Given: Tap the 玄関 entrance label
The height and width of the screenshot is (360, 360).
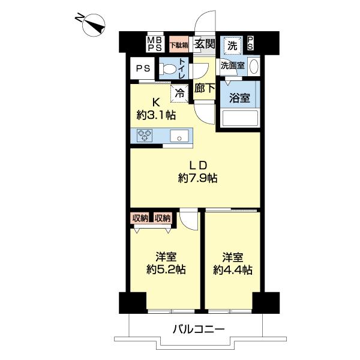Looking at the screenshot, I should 205,44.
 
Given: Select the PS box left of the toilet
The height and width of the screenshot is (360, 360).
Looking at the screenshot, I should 142,68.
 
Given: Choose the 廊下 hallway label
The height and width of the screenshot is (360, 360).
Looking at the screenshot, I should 205,89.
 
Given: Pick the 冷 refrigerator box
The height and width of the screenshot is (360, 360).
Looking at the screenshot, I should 179,92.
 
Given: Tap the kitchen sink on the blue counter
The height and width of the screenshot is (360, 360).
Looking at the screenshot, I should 178,136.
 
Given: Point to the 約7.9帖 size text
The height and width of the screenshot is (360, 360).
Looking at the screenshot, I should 197,178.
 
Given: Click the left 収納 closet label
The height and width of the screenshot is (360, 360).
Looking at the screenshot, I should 139,218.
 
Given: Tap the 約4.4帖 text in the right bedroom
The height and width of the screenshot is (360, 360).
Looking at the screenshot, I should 233,269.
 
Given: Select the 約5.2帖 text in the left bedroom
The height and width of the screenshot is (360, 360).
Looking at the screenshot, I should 166,269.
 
